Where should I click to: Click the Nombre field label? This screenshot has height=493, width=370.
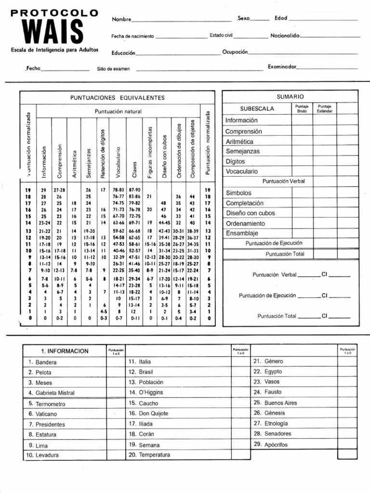121,19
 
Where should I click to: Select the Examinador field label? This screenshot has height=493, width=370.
282,67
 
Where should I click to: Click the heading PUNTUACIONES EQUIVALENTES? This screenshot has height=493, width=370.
118,98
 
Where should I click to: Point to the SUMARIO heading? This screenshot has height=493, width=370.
290,97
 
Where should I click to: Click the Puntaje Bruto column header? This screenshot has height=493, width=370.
302,108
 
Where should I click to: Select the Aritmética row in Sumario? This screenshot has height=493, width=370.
239,142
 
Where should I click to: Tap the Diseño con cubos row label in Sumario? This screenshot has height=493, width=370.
251,213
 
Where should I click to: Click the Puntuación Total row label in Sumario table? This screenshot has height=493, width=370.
285,254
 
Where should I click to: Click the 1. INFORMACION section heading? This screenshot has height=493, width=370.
65,351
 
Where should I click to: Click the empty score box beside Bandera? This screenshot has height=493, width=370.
116,362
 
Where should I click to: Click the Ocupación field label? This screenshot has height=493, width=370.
235,52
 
